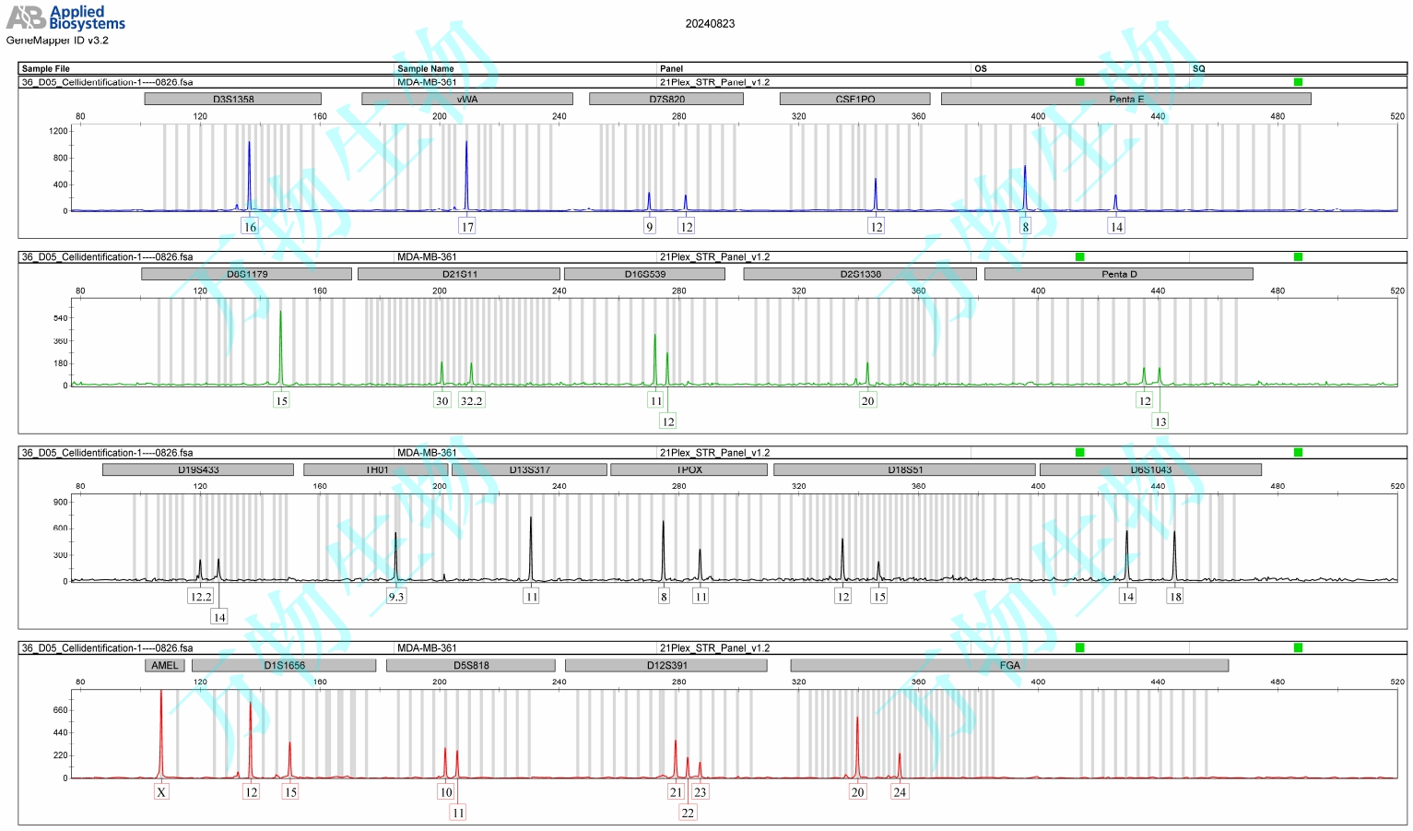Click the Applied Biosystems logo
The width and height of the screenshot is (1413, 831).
click(x=65, y=18)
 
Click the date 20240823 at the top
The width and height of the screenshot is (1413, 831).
click(x=710, y=24)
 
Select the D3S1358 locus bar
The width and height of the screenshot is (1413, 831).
click(x=233, y=99)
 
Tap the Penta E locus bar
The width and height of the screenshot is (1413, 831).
click(x=1125, y=99)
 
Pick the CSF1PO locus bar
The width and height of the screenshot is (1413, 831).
click(x=854, y=99)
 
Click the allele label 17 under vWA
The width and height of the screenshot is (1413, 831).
click(x=467, y=227)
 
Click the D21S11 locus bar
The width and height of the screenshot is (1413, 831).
click(x=459, y=274)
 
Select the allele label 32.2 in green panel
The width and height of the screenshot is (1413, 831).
click(x=471, y=401)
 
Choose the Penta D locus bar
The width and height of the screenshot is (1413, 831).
click(x=1119, y=274)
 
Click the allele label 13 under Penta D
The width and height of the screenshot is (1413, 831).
click(x=1160, y=421)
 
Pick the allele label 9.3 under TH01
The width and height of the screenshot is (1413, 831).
click(x=396, y=597)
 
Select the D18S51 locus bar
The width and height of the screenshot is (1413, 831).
click(x=905, y=469)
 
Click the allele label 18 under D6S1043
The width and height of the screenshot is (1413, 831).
click(x=1175, y=597)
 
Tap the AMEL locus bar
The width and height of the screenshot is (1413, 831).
click(x=165, y=665)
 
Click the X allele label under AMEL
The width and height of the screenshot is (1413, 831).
click(x=161, y=792)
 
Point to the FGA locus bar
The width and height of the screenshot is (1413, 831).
click(x=1009, y=665)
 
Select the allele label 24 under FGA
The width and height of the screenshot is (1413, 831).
click(x=900, y=792)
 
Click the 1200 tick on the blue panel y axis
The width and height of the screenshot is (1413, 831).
click(x=59, y=131)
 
